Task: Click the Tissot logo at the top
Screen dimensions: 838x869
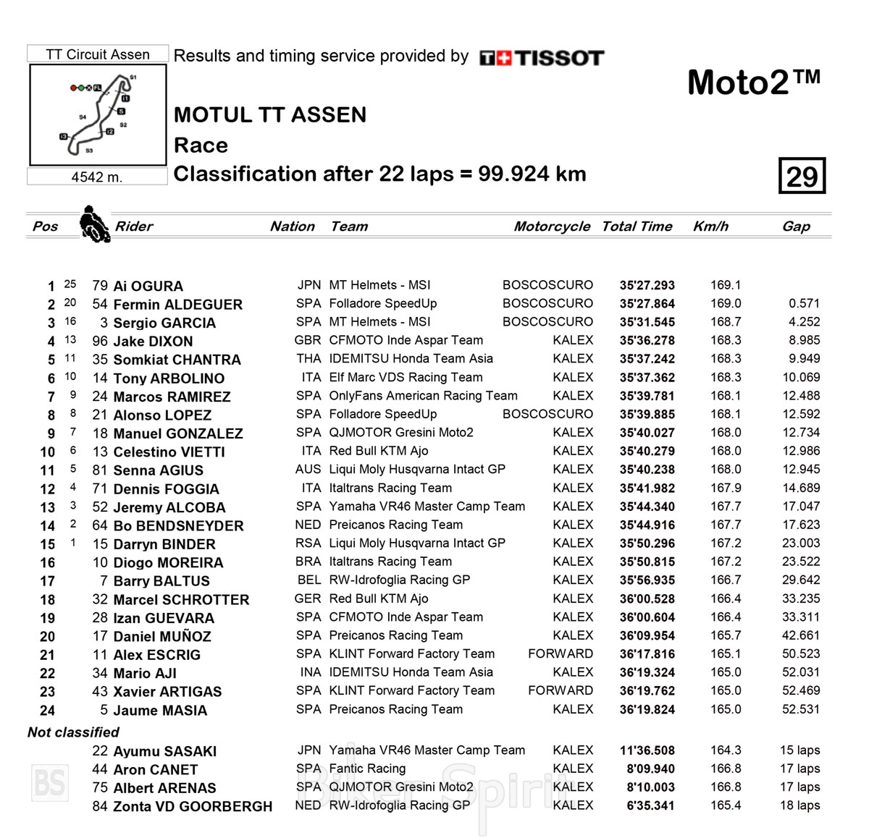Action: (542, 58)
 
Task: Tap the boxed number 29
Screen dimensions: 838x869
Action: (802, 176)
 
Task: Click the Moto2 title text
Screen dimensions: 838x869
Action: (753, 82)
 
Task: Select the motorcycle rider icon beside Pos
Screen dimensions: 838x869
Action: (94, 224)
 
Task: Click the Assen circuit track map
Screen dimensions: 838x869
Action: (98, 114)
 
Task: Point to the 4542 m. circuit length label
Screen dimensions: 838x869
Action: (97, 177)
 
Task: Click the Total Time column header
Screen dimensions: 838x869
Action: (637, 227)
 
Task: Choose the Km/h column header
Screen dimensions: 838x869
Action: (710, 227)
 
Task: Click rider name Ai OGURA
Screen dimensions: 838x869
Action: (148, 286)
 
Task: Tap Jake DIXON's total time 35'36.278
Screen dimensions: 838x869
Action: (647, 341)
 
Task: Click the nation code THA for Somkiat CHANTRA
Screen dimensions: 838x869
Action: (308, 359)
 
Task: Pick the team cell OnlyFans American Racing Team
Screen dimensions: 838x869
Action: (423, 396)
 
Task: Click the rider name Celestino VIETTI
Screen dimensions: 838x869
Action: (169, 452)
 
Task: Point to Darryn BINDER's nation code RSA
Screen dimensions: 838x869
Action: (308, 543)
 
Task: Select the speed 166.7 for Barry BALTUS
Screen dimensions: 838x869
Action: (726, 580)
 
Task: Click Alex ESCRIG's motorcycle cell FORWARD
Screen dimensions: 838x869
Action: (560, 654)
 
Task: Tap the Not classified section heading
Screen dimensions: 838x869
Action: (73, 732)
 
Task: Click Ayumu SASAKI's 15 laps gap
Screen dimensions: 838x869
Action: (799, 750)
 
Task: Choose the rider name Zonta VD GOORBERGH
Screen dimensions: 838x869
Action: (193, 806)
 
